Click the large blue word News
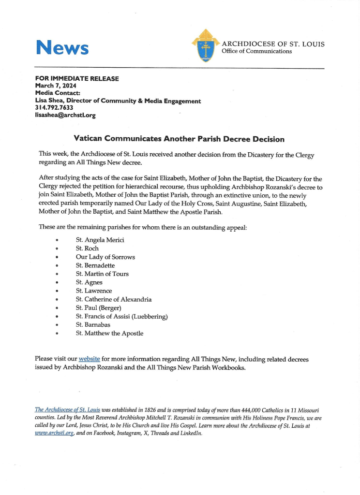point(62,47)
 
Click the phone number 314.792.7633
point(54,108)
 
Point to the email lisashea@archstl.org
point(65,116)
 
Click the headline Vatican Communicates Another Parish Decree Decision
point(179,139)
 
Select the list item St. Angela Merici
point(100,240)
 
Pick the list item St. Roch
point(87,248)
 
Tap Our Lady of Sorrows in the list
point(105,257)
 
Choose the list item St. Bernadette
point(95,265)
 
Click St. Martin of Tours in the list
point(102,274)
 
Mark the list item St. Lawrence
point(94,291)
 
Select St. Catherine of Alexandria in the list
point(114,300)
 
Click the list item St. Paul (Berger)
point(98,308)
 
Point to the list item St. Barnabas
point(93,325)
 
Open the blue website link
point(89,359)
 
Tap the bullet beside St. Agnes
point(58,283)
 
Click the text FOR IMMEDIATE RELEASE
point(77,78)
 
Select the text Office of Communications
point(256,51)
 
